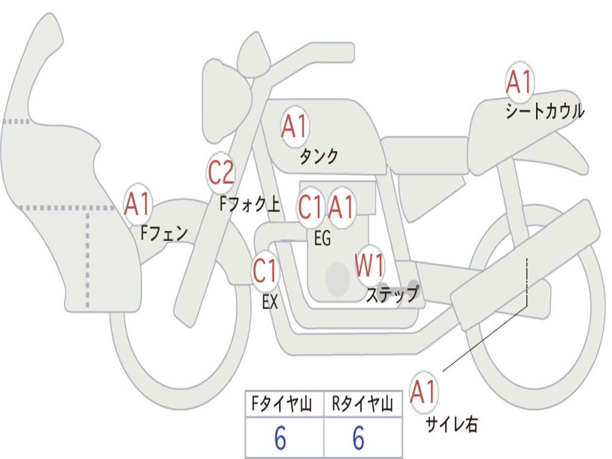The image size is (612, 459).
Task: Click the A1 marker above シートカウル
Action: (x=519, y=83)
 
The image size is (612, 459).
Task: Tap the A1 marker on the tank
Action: (x=295, y=127)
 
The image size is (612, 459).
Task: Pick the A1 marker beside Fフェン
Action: (x=138, y=205)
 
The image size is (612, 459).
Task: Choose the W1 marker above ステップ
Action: (x=370, y=265)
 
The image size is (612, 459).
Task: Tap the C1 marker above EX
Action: (x=265, y=272)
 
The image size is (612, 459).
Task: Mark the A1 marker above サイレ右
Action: (x=424, y=392)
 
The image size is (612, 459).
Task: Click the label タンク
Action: (x=319, y=157)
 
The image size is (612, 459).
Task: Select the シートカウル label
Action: (x=544, y=112)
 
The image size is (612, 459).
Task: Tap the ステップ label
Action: (x=392, y=295)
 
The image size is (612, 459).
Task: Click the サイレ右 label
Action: (x=451, y=424)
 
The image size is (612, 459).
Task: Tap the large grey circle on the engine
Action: (x=337, y=279)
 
